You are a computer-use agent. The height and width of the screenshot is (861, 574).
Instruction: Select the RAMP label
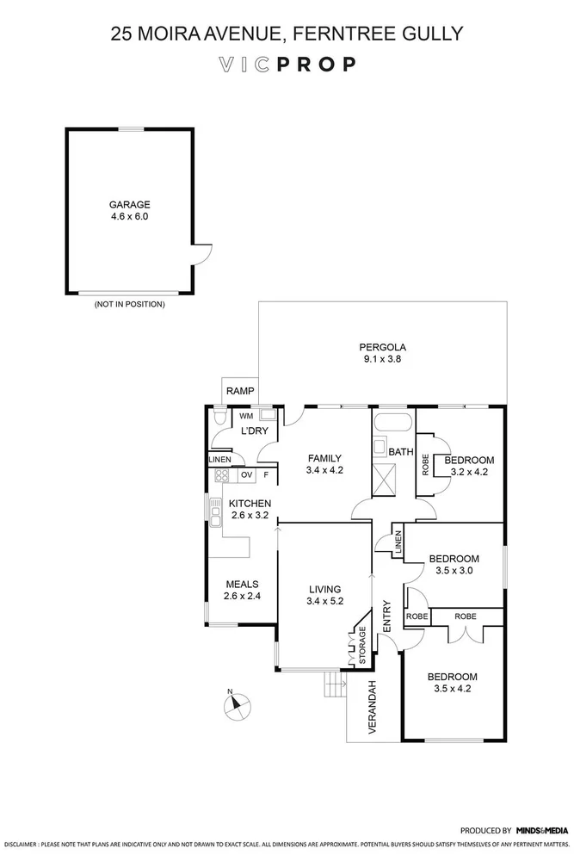[238, 392]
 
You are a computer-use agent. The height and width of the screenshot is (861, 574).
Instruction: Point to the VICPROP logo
[287, 65]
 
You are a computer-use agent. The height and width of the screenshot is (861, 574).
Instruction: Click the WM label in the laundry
[246, 416]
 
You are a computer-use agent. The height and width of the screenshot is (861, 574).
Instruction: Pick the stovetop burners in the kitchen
[221, 474]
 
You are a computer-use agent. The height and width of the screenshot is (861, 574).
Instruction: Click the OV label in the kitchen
[246, 474]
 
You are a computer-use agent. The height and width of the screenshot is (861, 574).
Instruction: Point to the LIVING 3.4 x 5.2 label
[326, 595]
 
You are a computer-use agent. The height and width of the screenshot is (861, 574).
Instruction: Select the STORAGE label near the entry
[361, 645]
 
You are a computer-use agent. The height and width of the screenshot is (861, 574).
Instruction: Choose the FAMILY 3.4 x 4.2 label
[324, 464]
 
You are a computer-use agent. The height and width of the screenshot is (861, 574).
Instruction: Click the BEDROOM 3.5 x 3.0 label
[454, 564]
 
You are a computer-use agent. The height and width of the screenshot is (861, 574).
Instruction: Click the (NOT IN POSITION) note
[129, 304]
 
